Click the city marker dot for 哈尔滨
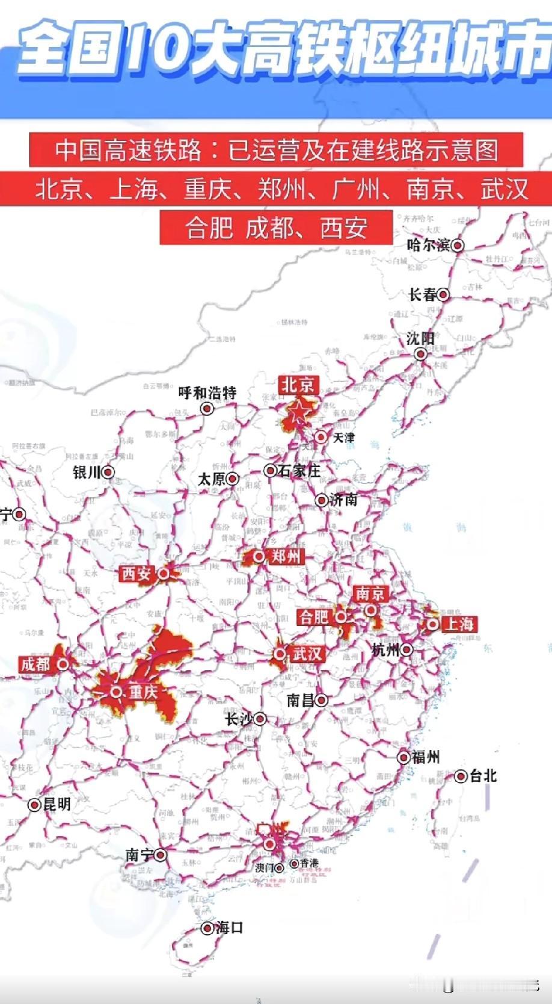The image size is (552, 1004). coord(458,245)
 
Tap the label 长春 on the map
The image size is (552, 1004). coord(422,294)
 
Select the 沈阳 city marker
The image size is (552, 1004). coord(421,353)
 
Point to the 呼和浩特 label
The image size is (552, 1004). coord(207,393)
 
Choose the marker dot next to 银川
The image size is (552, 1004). coord(108,473)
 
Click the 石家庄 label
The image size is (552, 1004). coord(298,471)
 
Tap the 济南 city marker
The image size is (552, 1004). coord(322,500)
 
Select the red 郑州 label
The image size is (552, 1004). coord(285,556)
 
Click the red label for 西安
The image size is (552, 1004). coord(136,574)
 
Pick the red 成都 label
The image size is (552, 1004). coord(35,664)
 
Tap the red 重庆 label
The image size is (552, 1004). coord(143,692)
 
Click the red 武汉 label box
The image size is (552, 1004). coord(307,654)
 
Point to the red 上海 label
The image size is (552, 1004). coord(459,624)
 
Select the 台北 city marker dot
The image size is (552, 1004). coord(461,776)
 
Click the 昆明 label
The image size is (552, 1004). coord(57,804)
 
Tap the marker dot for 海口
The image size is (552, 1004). coord(207,928)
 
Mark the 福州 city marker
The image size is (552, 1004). coord(403,757)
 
